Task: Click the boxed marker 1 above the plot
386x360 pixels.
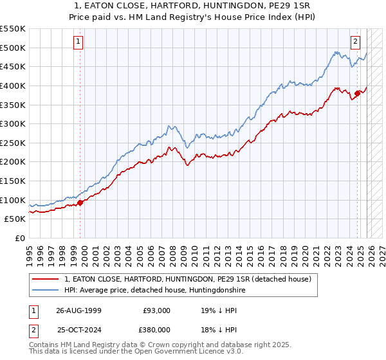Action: pyautogui.click(x=78, y=42)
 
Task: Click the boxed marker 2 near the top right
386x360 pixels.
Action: pyautogui.click(x=355, y=42)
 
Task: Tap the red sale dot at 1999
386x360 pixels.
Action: pyautogui.click(x=80, y=203)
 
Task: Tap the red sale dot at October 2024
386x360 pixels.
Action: pyautogui.click(x=357, y=93)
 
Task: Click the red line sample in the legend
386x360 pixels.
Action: pyautogui.click(x=46, y=279)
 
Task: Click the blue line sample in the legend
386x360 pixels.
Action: pyautogui.click(x=46, y=291)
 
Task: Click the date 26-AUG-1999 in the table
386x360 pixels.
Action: pyautogui.click(x=79, y=310)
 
